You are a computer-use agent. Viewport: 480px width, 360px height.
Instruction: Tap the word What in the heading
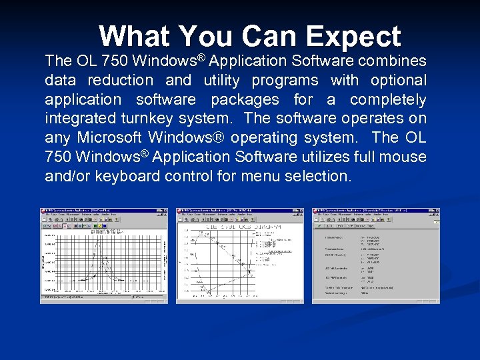click(133, 37)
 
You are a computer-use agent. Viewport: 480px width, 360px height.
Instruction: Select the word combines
click(392, 61)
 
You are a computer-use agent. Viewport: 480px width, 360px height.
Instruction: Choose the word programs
click(285, 80)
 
